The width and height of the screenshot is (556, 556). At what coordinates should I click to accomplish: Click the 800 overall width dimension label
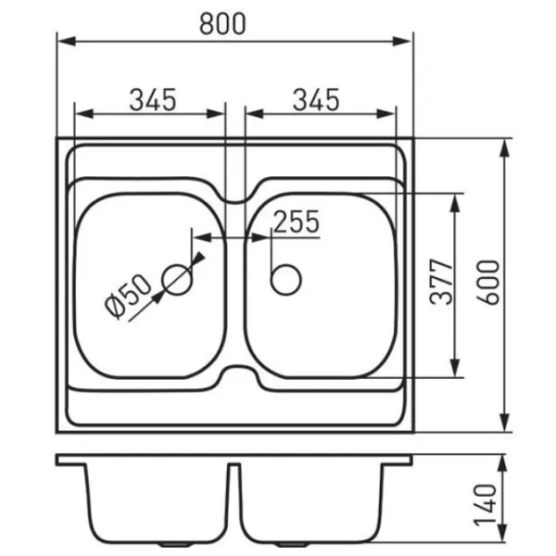point(222,24)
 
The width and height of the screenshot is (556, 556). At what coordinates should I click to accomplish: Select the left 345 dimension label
point(153,100)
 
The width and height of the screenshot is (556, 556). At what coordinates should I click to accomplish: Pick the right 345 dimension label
point(316,100)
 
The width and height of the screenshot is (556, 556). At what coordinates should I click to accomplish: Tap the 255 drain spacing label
point(297,221)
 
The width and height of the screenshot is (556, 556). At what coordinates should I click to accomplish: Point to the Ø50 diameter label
point(128,297)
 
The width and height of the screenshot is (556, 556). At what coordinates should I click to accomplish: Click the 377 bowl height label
point(441,282)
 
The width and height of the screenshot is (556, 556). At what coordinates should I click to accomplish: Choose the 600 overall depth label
point(487,282)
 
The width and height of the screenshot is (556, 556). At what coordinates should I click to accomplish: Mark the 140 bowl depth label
point(485,504)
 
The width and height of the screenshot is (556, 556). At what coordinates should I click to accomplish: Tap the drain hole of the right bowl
point(285,280)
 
